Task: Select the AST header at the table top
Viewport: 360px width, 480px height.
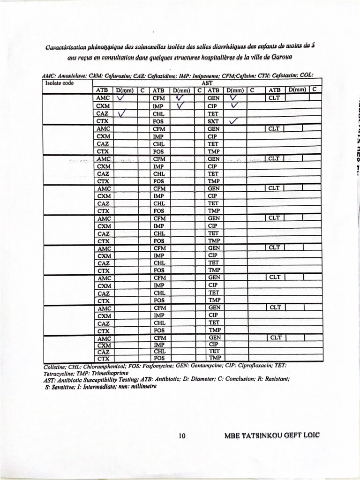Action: pyautogui.click(x=207, y=83)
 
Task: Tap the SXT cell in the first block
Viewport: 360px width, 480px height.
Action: pyautogui.click(x=213, y=121)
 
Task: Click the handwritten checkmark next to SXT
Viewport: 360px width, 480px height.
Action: pyautogui.click(x=233, y=121)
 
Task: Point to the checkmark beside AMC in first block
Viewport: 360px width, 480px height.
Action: pyautogui.click(x=120, y=98)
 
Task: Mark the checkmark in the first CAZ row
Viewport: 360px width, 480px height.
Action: pyautogui.click(x=123, y=113)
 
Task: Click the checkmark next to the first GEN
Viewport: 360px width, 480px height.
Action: pyautogui.click(x=233, y=98)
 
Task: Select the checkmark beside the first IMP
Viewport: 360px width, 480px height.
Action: pyautogui.click(x=181, y=106)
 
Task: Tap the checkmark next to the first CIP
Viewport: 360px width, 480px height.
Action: pyautogui.click(x=235, y=106)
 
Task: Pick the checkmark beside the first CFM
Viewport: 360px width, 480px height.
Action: pyautogui.click(x=179, y=98)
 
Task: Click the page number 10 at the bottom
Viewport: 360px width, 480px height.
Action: pyautogui.click(x=182, y=436)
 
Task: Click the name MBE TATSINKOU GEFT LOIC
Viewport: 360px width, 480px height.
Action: pyautogui.click(x=272, y=435)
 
